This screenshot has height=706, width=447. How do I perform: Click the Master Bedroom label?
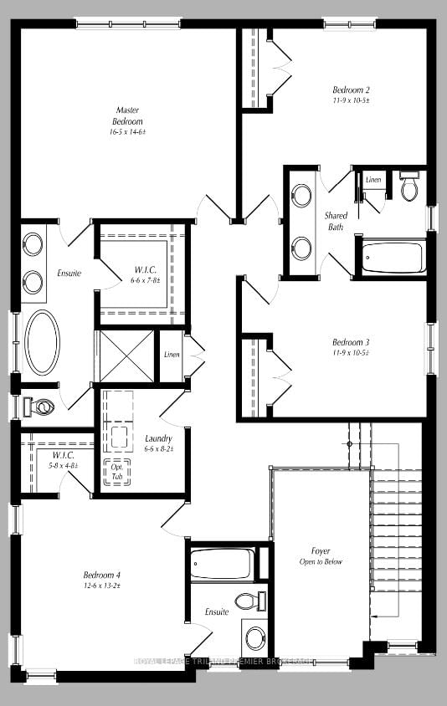click(x=127, y=115)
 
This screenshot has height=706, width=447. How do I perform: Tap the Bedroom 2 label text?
click(x=351, y=90)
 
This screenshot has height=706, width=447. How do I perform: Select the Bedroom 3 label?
click(x=351, y=342)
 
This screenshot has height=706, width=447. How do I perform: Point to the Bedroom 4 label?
click(x=102, y=575)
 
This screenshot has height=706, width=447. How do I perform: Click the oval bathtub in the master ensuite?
click(x=42, y=341)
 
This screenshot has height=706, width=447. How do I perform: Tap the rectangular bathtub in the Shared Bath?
click(x=394, y=258)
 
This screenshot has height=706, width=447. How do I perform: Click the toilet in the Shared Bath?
click(x=409, y=188)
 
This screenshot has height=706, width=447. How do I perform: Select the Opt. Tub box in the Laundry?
click(x=116, y=472)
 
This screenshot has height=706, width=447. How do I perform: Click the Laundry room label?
click(x=158, y=438)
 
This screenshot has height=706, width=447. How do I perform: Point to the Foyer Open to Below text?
click(x=321, y=556)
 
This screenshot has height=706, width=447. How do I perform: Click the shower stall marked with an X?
click(x=125, y=357)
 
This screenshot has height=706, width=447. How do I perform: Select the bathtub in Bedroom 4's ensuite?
click(x=221, y=564)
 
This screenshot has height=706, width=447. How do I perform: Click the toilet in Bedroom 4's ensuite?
click(x=246, y=601)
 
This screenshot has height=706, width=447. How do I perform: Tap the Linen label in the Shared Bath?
click(x=373, y=180)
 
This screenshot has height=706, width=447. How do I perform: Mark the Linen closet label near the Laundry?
click(x=172, y=355)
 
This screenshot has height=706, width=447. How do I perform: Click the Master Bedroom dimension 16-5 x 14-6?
click(x=127, y=132)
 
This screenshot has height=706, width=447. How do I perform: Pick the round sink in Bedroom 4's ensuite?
click(x=254, y=637)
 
